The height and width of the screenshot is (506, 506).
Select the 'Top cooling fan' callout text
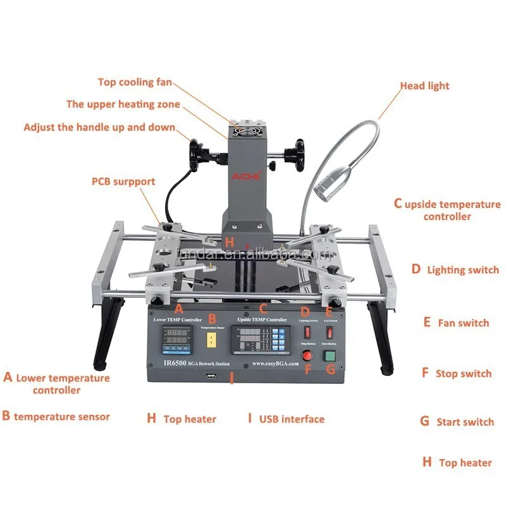pos(135,82)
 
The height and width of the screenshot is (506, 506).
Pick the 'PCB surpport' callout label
pos(123,182)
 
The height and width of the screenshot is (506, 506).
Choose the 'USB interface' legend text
pos(292,419)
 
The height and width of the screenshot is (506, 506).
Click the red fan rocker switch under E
pos(330,331)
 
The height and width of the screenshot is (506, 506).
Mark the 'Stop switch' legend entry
pos(463,374)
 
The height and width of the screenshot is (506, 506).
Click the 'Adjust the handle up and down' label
pos(99,127)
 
